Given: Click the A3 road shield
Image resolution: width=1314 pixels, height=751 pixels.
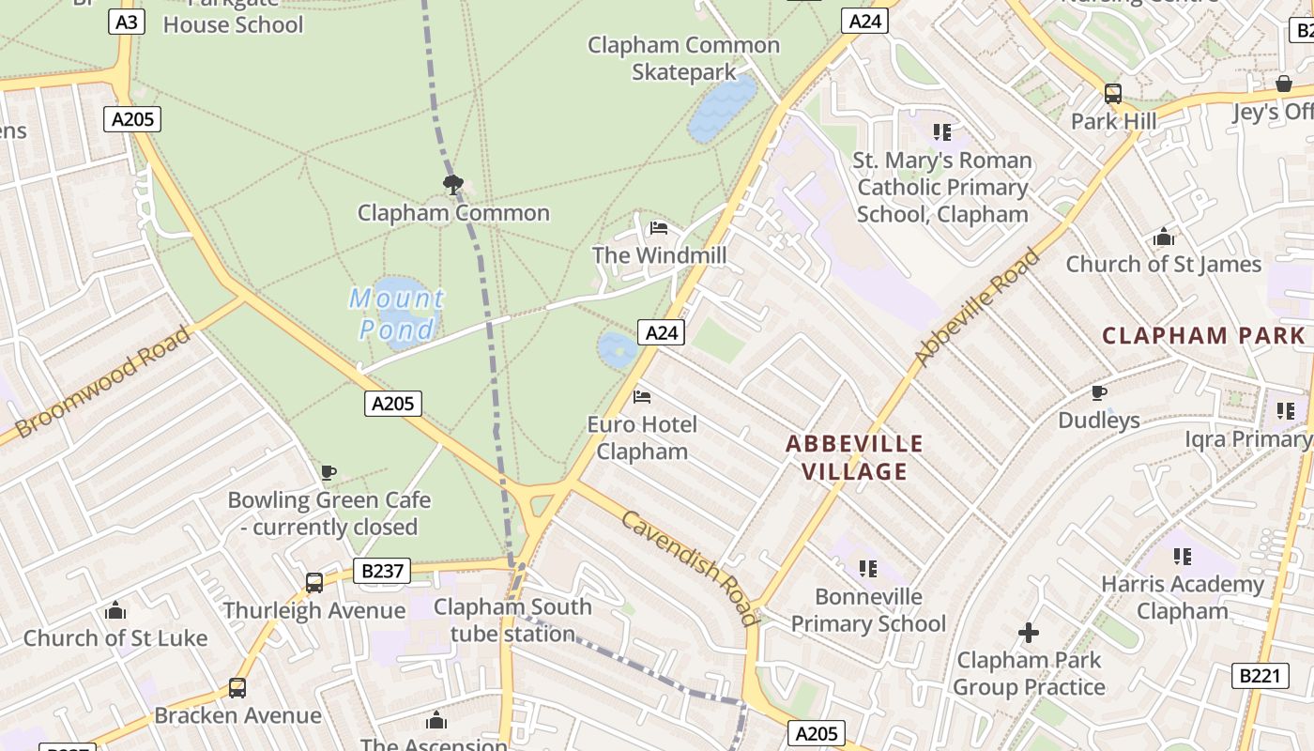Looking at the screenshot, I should point(127,22).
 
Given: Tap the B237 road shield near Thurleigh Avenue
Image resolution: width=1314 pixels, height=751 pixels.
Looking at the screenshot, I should point(383,570).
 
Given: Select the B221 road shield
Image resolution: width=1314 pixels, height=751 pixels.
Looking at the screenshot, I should point(1260,675).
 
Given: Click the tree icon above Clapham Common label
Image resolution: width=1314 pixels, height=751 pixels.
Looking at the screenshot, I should point(452,183).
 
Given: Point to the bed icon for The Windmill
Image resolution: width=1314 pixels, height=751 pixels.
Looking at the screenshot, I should point(659,228).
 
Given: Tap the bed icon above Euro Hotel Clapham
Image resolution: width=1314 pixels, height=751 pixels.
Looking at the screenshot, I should point(642,397).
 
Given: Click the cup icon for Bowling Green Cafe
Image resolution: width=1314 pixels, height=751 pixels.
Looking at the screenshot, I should point(328,472).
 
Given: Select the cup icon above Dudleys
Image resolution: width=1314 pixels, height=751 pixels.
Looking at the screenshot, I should point(1098,392).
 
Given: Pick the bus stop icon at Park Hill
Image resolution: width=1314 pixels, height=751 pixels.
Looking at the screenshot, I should point(1112,94).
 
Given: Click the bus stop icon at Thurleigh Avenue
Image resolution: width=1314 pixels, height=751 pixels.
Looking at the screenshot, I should point(314,583).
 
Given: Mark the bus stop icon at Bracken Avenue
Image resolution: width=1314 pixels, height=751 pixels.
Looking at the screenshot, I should point(237,688).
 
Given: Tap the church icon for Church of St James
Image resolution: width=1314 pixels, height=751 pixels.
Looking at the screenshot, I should point(1164,237).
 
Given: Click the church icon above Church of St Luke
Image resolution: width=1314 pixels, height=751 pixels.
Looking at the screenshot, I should point(115,611).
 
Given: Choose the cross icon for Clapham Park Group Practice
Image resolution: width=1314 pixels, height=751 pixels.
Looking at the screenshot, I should point(1029,633).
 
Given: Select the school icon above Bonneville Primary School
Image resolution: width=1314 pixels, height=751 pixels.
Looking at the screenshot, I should point(868,569).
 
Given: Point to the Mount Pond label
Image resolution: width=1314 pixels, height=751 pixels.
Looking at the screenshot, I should point(397,314).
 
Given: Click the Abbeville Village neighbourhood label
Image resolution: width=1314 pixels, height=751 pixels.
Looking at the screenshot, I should point(854,457).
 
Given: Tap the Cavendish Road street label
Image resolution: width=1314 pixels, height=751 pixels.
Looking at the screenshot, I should point(690,569).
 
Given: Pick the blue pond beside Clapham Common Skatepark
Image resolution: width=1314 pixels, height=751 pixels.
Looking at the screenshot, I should point(722,108).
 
